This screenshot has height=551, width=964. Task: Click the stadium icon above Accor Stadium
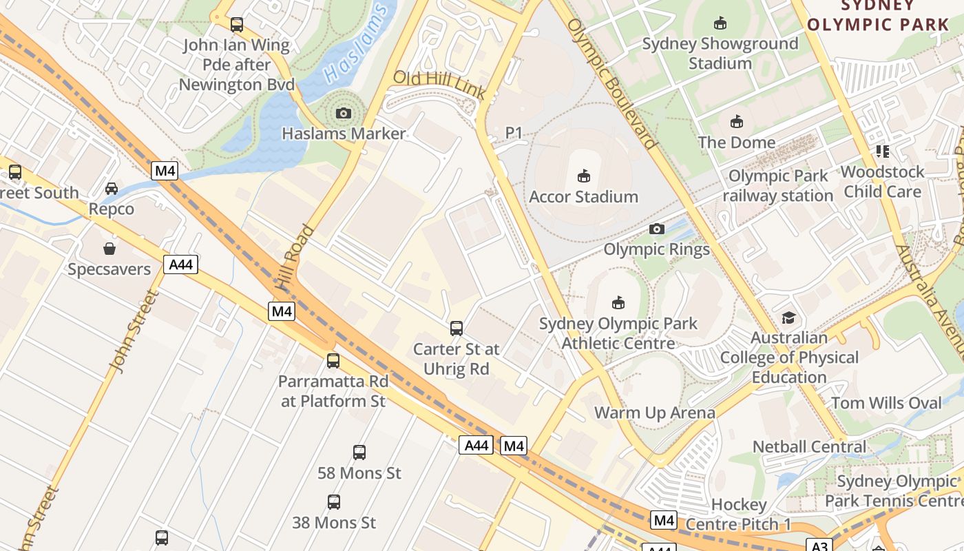pos(584,176)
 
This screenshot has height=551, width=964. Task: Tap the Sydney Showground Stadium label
pos(720,53)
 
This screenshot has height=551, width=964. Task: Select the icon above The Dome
pos(737,121)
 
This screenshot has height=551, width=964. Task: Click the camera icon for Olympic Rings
pos(657,229)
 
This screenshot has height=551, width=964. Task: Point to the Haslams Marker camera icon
pos(343,113)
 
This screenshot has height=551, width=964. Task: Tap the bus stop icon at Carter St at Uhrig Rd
pos(456,329)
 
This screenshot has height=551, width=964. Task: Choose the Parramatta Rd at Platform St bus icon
pos(333,360)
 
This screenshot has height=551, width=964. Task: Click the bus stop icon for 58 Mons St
pos(359,453)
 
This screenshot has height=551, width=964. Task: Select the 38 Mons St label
pos(334,523)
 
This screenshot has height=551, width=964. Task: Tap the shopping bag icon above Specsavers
pos(109,249)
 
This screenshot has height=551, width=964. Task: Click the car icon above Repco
pos(112,188)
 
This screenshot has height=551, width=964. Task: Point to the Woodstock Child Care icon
pos(883,151)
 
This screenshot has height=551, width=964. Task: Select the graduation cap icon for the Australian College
pos(788,318)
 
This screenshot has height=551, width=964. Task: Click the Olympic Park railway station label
pos(778,186)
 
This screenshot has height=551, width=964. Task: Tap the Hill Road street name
pos(289,258)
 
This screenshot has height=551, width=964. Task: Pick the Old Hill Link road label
pos(439,84)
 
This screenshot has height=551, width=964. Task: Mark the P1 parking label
pos(514,132)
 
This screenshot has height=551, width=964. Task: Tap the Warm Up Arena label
pos(655,413)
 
